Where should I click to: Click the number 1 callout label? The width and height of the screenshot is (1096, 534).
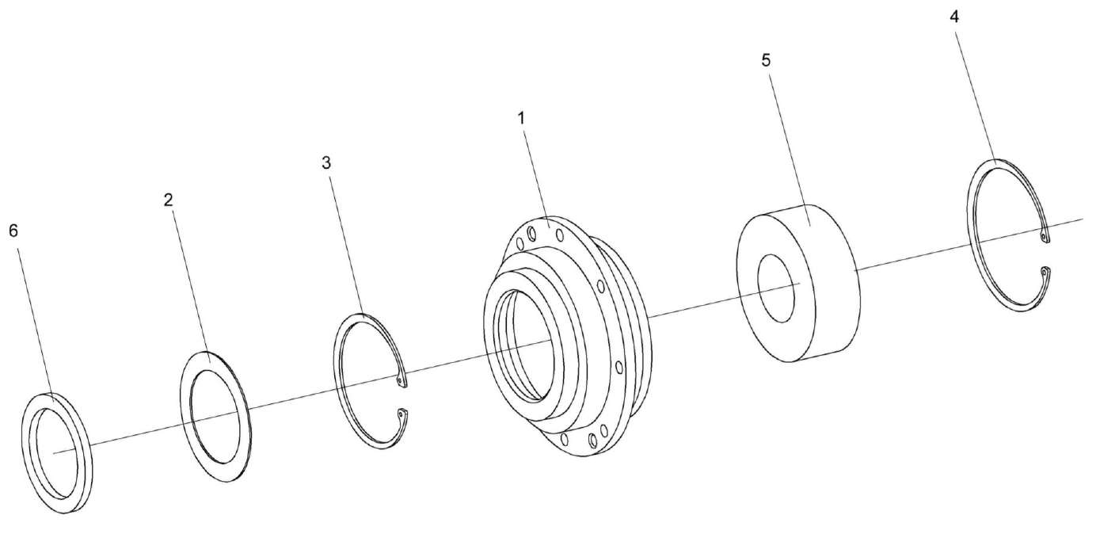522,118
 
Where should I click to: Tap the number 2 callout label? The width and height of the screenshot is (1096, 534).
169,200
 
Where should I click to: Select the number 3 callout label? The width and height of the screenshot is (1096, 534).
326,163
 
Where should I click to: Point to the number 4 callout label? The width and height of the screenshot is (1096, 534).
954,17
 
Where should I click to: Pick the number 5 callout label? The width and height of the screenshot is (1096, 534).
766,60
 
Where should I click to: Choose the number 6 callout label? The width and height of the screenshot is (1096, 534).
13,231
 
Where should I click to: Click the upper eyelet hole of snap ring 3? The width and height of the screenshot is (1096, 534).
401,380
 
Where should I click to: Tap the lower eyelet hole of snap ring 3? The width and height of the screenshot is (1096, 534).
401,414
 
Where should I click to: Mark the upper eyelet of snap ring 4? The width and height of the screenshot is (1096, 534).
1045,238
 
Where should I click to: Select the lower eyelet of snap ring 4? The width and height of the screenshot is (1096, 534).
1045,271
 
